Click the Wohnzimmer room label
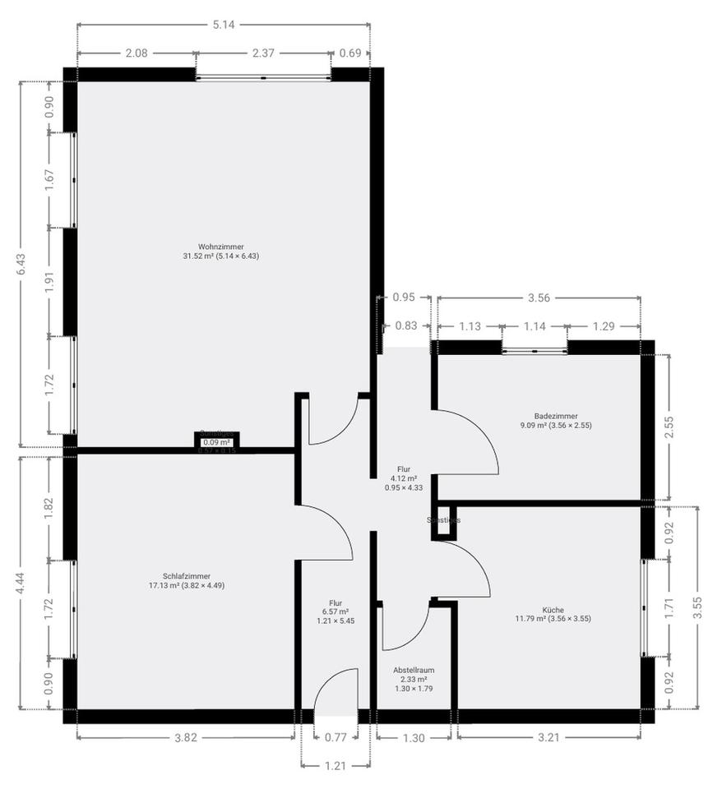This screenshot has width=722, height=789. click(x=220, y=247)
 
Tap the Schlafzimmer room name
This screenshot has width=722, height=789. click(x=186, y=576)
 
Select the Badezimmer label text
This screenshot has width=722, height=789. click(x=555, y=416)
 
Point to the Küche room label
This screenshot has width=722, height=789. click(x=553, y=609)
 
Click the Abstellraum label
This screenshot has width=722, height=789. click(x=414, y=670)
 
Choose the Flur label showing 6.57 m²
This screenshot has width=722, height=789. click(x=335, y=602)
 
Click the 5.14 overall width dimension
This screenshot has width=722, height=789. click(x=224, y=25)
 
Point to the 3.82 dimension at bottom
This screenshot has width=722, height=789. click(x=186, y=737)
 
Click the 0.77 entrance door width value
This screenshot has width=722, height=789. click(x=336, y=737)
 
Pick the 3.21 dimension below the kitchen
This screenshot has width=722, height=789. click(x=548, y=737)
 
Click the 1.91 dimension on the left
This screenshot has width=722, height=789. click(x=49, y=282)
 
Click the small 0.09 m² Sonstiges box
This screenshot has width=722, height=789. click(x=216, y=442)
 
